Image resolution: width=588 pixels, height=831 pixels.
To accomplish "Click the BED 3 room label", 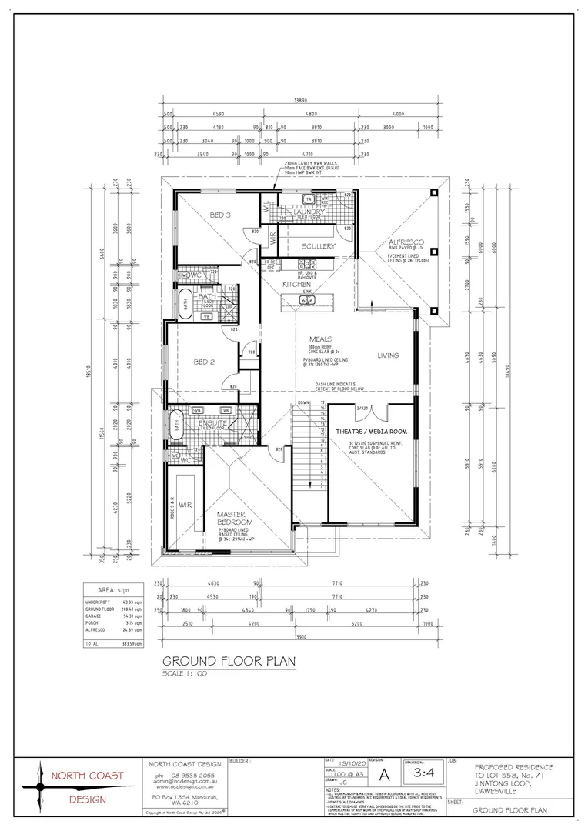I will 221,215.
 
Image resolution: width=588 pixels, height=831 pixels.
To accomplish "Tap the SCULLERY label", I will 319,246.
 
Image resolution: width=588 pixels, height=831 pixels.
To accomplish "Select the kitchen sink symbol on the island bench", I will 306,301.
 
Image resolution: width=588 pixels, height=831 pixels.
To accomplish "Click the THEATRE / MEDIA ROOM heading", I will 371,432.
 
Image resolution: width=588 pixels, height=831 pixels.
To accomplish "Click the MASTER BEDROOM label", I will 230,519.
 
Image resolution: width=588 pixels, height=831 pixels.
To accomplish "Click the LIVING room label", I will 389,355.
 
